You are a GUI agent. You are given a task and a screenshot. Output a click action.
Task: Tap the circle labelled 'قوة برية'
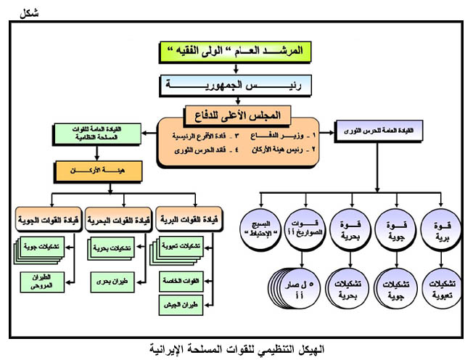440,229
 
